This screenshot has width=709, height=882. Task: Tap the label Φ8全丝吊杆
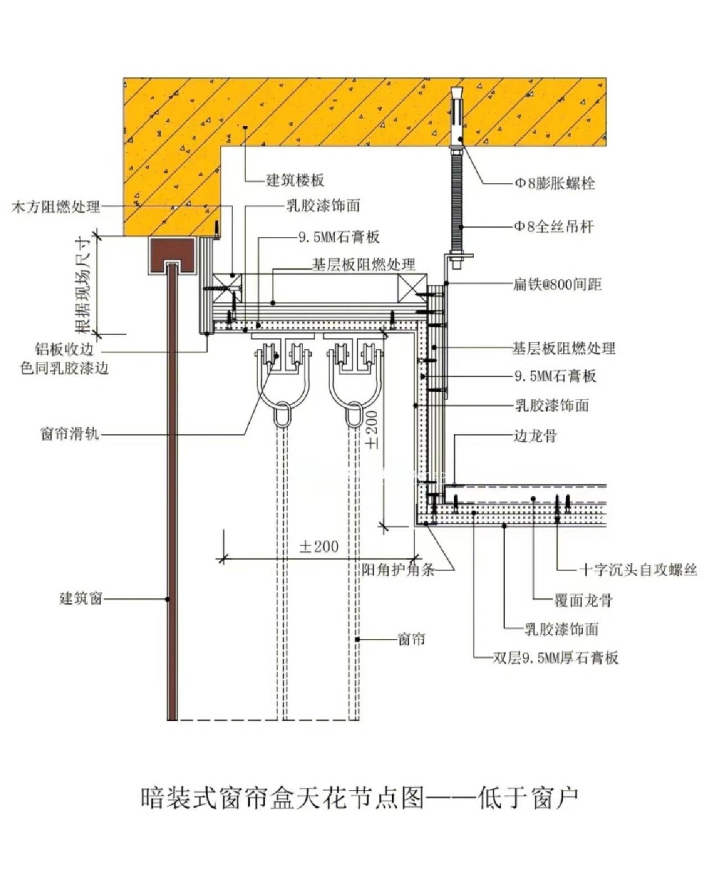[554, 227]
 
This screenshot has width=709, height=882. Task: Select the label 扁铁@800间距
[557, 285]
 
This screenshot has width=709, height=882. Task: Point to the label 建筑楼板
[295, 180]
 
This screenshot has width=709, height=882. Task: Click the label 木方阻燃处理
[56, 207]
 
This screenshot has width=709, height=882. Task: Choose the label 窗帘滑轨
[70, 433]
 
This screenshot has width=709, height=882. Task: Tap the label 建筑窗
[81, 598]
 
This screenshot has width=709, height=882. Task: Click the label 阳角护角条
[398, 570]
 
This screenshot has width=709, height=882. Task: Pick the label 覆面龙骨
[583, 600]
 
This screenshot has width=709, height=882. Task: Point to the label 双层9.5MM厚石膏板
[556, 658]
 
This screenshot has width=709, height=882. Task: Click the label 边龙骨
[535, 437]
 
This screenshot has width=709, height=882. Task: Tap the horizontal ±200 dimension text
[318, 547]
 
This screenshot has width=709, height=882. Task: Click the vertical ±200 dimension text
[372, 429]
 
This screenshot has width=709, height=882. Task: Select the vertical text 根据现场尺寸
[83, 285]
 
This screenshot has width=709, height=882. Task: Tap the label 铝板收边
[64, 350]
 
